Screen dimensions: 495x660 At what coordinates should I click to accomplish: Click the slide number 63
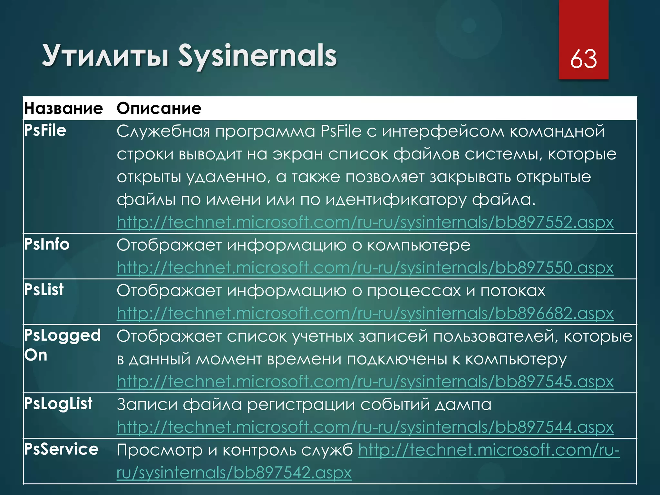(x=583, y=59)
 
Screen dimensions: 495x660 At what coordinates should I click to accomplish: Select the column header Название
(x=63, y=108)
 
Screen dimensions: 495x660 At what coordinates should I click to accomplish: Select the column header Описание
(x=159, y=108)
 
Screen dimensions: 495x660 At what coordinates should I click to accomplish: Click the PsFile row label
(x=45, y=131)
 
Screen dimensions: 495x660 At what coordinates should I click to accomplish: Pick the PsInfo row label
(x=47, y=244)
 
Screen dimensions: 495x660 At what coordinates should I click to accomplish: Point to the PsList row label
(x=44, y=290)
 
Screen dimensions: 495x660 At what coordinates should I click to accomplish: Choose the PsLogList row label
(x=58, y=403)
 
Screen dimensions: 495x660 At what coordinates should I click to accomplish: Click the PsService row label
(x=61, y=449)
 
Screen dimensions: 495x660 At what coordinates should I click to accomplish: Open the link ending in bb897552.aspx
(x=365, y=222)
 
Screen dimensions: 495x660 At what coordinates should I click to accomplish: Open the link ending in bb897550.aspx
(x=365, y=268)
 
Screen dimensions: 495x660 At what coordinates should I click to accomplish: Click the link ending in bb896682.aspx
(x=365, y=313)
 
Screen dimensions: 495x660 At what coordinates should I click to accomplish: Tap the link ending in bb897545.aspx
(x=365, y=382)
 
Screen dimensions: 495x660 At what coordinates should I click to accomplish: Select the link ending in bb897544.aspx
(x=365, y=427)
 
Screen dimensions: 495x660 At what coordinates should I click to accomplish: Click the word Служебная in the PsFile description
(x=163, y=131)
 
